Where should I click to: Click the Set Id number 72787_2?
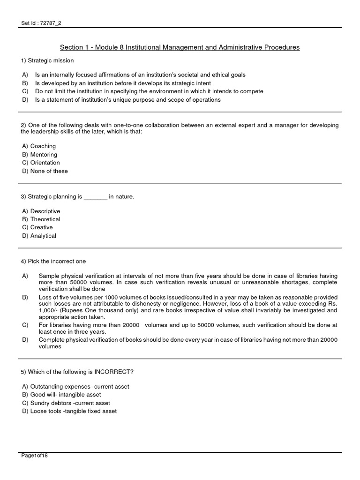point(49,23)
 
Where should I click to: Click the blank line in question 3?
point(96,197)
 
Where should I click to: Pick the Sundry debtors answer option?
point(66,403)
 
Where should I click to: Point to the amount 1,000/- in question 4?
point(50,310)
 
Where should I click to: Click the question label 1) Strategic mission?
point(47,60)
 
